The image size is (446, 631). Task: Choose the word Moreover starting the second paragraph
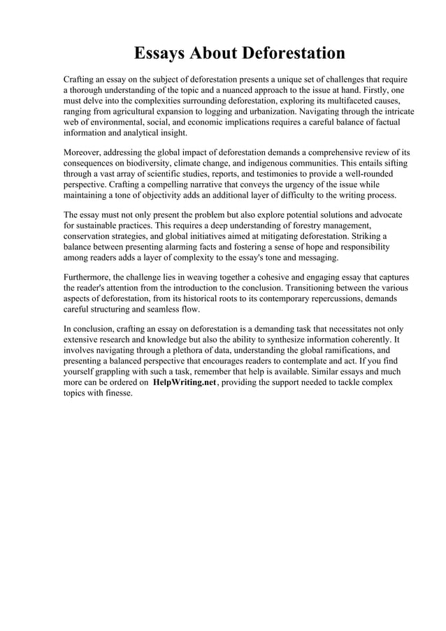coord(86,152)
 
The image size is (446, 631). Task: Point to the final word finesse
coord(115,393)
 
